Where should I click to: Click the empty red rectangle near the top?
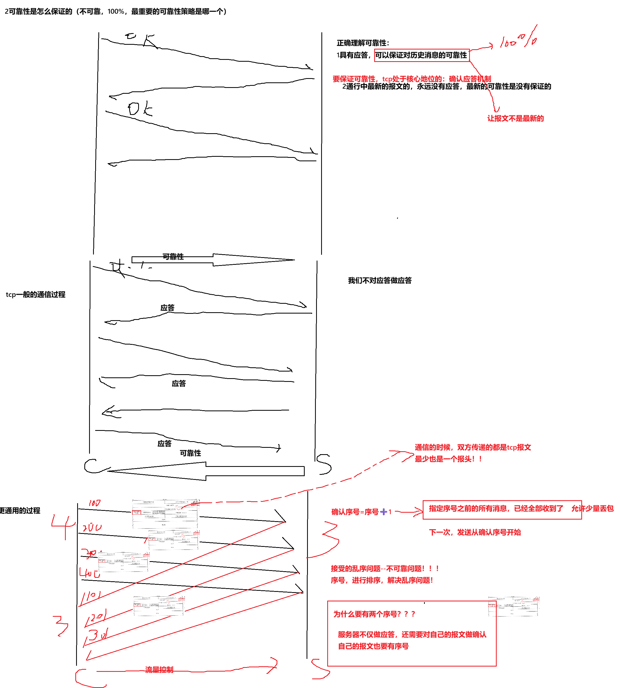pyautogui.click(x=422, y=55)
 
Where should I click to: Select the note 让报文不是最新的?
pyautogui.click(x=516, y=119)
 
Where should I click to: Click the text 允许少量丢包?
pyautogui.click(x=592, y=509)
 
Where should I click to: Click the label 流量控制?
pyautogui.click(x=159, y=670)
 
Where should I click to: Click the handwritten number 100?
pyautogui.click(x=94, y=503)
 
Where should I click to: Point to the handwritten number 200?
pyautogui.click(x=92, y=528)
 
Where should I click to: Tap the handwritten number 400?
pyautogui.click(x=90, y=573)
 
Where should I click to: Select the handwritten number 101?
pyautogui.click(x=91, y=596)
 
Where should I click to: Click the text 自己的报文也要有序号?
pyautogui.click(x=373, y=646)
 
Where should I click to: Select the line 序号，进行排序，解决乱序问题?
pyautogui.click(x=382, y=580)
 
